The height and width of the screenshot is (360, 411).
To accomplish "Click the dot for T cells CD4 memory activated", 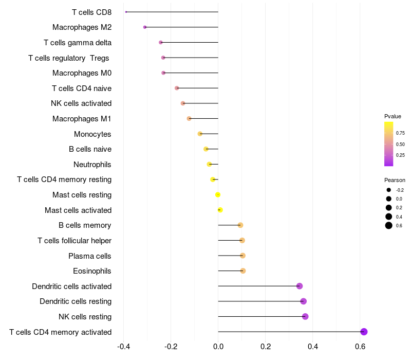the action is coord(364,332).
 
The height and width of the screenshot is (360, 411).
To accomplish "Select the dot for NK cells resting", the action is coord(305,316).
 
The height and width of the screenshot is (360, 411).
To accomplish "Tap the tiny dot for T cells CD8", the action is coord(126,12).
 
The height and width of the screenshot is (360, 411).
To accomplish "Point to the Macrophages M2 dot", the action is coord(145,27).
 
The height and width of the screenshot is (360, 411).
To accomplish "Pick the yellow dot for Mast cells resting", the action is coord(217,195).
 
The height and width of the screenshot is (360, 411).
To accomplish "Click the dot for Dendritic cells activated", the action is coord(300,286).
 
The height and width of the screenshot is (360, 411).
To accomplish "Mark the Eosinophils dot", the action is coord(242,271).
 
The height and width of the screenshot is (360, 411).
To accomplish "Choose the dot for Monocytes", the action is coord(200,134).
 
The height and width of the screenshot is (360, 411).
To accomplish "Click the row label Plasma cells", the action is coord(89,256).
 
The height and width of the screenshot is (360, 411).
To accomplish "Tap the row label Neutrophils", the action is coord(92,165).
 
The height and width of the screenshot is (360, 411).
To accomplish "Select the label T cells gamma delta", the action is coord(78,43).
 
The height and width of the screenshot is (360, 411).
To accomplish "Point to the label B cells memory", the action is coord(85,225).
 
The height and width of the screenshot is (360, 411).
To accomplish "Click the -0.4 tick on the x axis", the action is coord(124,347).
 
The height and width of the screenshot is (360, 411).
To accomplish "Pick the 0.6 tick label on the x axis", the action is coord(360,347).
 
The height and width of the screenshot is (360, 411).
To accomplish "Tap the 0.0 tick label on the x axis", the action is coord(218,347).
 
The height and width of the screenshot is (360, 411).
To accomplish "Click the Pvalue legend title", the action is coord(393,116).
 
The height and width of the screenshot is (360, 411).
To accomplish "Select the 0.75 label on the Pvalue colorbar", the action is coord(400,133).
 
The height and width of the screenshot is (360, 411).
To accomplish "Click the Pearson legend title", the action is coord(395,180).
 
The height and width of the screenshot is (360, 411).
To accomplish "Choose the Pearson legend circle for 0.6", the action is coord(389,225).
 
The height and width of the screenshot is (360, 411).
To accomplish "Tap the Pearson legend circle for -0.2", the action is coord(389,190).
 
